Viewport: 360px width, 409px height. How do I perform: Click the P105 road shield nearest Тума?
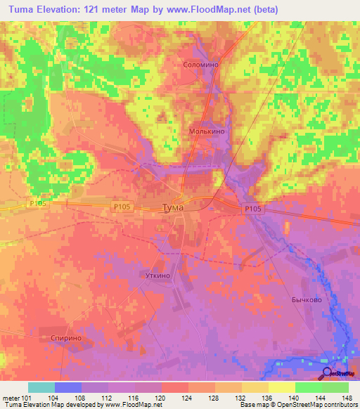pyautogui.click(x=122, y=207)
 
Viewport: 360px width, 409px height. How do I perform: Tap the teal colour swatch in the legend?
pyautogui.click(x=41, y=387)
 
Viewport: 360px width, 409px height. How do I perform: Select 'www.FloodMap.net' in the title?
pyautogui.click(x=212, y=10)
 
